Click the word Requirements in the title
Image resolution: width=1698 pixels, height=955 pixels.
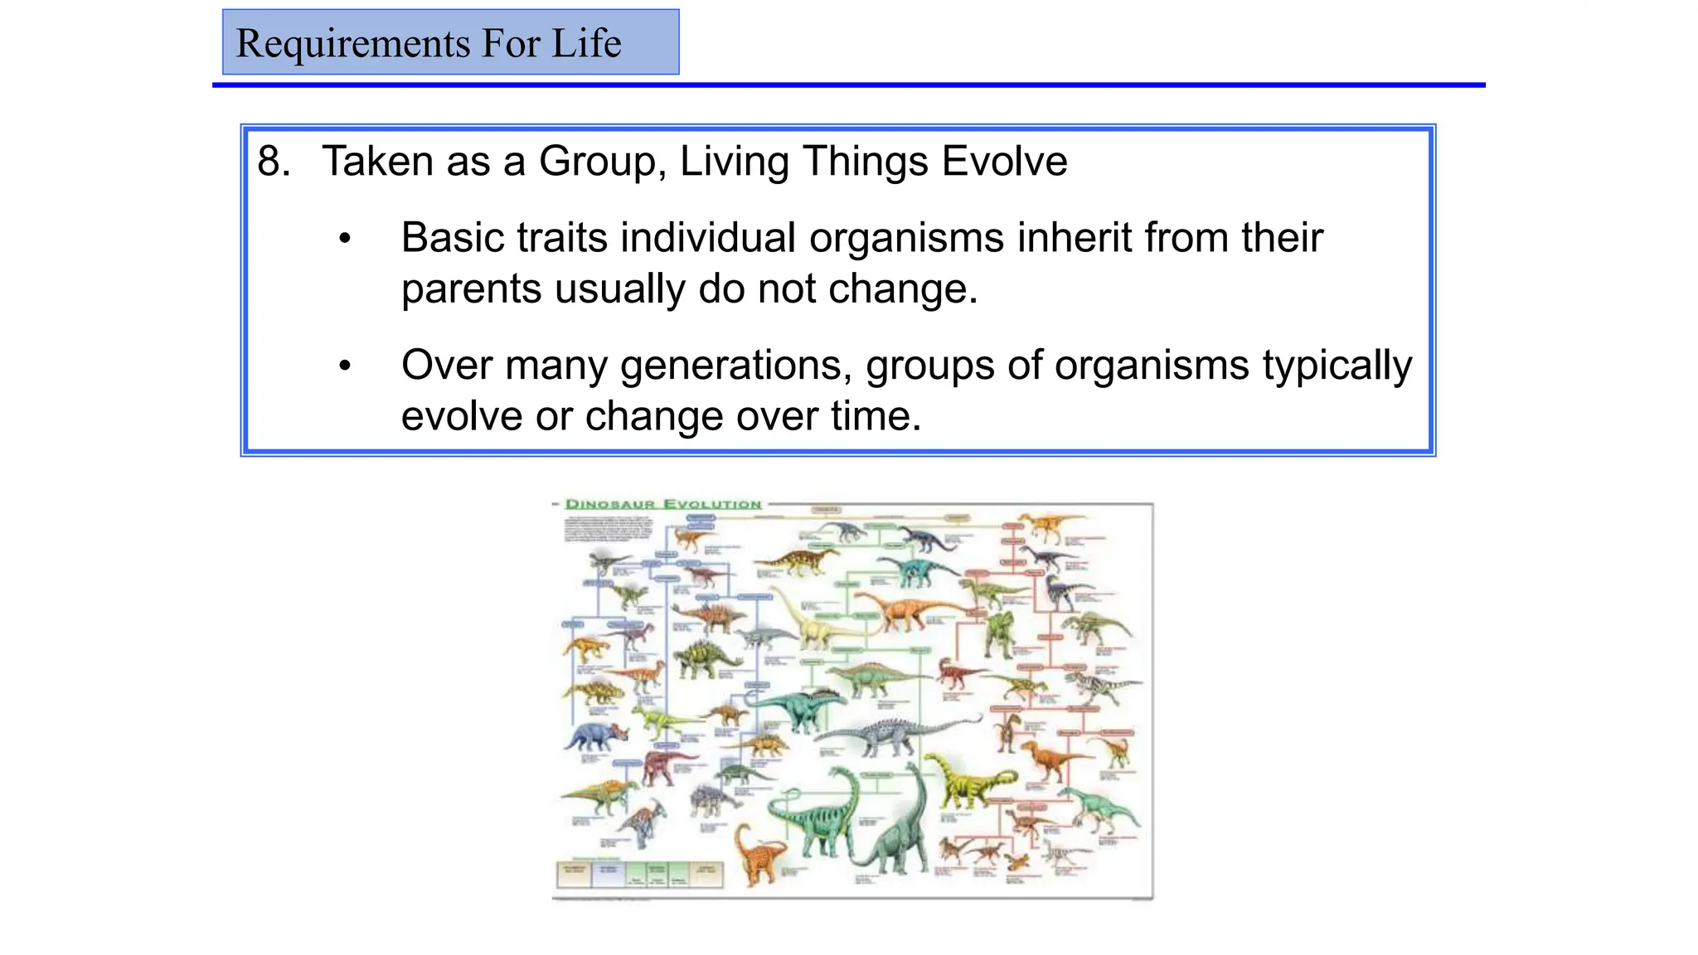point(352,43)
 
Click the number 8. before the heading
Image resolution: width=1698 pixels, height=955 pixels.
point(273,161)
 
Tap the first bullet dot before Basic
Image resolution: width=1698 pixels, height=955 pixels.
point(345,240)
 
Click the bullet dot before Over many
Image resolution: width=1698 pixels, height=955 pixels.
point(345,366)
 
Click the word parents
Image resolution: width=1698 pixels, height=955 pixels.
point(471,289)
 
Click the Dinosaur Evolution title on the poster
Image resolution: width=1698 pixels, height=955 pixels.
point(662,504)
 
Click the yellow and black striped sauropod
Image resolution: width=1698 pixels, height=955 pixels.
point(966,779)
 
